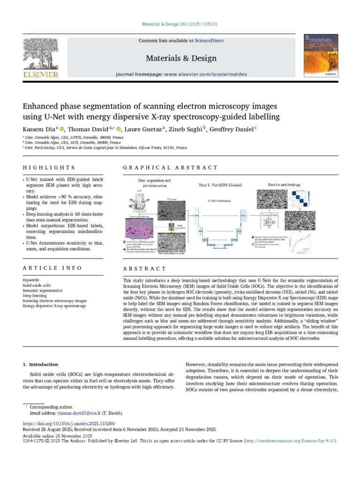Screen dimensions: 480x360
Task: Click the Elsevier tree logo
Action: click(41, 54)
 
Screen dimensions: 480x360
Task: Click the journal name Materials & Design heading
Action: click(181, 58)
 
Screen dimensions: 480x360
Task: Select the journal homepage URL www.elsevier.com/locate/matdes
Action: click(205, 74)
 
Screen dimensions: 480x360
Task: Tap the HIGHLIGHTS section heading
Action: click(49, 167)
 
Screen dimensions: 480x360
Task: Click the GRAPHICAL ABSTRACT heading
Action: click(170, 167)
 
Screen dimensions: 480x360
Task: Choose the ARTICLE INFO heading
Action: click(52, 268)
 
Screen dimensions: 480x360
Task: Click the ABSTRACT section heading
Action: click(144, 269)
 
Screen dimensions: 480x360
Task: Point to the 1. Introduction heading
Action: click(41, 364)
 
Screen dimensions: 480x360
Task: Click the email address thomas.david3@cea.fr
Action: click(80, 413)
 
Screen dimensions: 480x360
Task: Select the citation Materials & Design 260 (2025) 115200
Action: click(180, 24)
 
